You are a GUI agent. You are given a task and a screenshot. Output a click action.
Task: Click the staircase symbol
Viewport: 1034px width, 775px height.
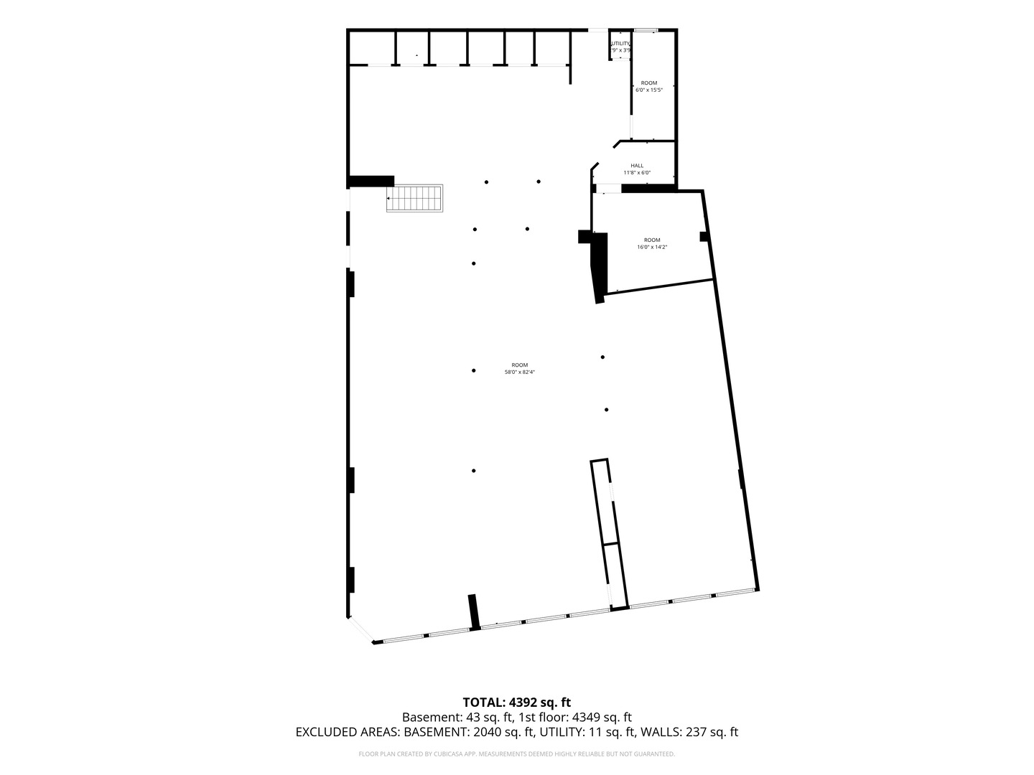(416, 198)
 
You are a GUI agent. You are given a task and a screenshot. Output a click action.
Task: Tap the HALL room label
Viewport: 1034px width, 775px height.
(637, 166)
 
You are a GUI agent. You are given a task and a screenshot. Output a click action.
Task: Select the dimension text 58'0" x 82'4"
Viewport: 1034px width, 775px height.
(520, 372)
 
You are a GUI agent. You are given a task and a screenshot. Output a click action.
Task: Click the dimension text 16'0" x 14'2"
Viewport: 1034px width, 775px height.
(652, 248)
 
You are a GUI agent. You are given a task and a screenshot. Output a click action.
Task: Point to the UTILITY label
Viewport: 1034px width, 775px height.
(620, 44)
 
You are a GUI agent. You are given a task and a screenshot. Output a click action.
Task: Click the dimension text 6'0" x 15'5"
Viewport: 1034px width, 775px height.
(648, 90)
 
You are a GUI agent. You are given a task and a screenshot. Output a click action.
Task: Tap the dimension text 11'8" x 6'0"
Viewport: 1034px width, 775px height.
(637, 173)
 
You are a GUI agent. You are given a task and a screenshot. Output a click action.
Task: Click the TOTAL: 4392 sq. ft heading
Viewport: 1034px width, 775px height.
(516, 703)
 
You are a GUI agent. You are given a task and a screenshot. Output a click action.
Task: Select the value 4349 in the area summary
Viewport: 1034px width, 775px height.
(586, 718)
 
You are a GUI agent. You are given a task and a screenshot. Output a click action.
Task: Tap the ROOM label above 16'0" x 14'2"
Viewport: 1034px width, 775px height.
(652, 240)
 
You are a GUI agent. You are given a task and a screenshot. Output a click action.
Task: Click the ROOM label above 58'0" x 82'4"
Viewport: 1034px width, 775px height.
(520, 365)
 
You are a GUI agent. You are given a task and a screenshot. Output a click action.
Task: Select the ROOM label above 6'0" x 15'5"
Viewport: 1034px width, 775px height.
(648, 83)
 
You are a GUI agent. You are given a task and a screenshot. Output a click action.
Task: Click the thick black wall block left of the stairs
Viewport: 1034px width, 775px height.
(371, 181)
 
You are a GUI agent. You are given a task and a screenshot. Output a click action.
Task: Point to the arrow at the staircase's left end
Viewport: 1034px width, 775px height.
(389, 198)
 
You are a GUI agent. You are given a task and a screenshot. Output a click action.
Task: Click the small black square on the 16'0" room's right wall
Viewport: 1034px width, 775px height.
(704, 236)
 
